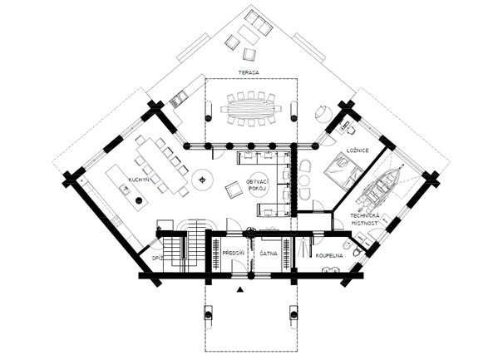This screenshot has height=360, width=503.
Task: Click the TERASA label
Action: [x=249, y=72]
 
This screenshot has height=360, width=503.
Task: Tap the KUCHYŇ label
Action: [x=139, y=180]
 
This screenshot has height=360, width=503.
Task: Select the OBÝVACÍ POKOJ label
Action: [x=258, y=185]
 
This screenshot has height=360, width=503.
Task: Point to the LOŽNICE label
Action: [x=358, y=150]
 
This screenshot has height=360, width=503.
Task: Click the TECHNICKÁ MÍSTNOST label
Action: [x=364, y=219]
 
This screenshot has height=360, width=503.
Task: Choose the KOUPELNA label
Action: [x=329, y=256]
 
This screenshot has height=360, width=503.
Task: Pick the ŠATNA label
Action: [x=269, y=254]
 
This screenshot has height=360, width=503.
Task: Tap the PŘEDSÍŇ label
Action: [x=234, y=253]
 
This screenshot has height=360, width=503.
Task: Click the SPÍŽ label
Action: [x=157, y=259]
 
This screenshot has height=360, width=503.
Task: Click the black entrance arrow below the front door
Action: [x=239, y=289]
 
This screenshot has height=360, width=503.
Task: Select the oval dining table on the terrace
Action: [x=251, y=109]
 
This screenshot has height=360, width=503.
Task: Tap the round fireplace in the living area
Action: [x=202, y=180]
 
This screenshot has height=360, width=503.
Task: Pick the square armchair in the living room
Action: [x=234, y=190]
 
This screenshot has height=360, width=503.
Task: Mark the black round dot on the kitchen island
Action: [x=139, y=200]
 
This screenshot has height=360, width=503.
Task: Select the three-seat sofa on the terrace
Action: [x=259, y=22]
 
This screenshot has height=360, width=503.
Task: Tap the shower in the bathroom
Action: [x=303, y=248]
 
